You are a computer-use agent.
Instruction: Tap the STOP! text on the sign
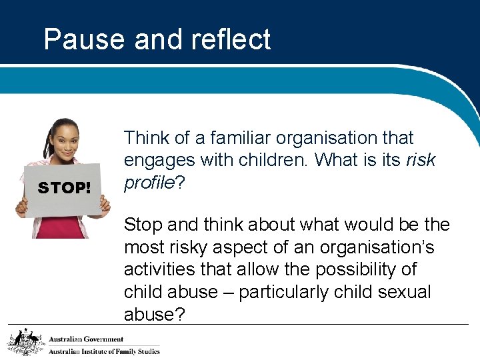pyautogui.click(x=64, y=189)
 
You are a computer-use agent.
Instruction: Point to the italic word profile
pyautogui.click(x=148, y=182)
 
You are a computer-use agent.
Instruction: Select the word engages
pyautogui.click(x=159, y=161)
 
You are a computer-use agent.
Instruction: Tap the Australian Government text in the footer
pyautogui.click(x=86, y=339)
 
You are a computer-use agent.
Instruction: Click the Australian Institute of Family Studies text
pyautogui.click(x=104, y=351)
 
